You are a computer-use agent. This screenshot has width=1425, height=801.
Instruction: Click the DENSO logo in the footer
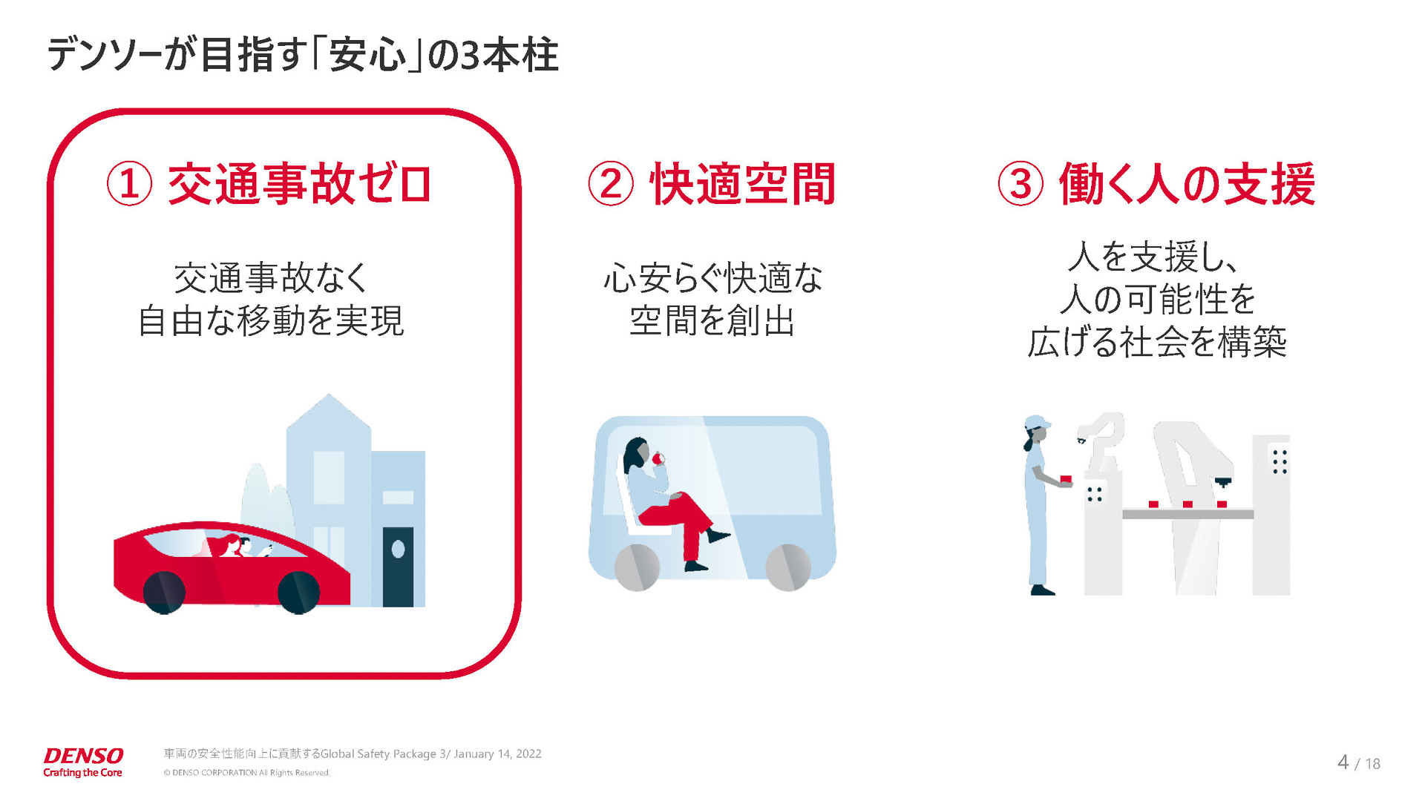tap(83, 756)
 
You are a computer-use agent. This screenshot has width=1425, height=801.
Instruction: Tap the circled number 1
tap(129, 184)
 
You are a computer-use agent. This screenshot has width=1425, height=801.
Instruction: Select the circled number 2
tap(610, 184)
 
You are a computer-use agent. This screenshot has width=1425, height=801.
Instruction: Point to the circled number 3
tap(1021, 184)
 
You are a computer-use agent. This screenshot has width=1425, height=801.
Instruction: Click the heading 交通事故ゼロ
tap(299, 184)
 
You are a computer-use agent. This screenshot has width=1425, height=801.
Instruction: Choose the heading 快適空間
tap(743, 184)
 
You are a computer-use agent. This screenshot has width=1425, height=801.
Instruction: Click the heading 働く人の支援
tap(1187, 184)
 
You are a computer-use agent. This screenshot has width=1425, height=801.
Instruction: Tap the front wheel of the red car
tap(298, 592)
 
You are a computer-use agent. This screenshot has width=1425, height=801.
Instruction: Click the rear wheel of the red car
tap(163, 592)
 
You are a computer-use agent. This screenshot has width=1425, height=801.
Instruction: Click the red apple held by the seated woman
tap(657, 459)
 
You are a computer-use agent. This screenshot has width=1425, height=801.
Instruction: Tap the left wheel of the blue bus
tap(637, 567)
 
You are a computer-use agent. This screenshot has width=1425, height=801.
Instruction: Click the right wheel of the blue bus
tap(787, 567)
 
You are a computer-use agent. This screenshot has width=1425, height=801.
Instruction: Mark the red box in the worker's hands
tap(1066, 480)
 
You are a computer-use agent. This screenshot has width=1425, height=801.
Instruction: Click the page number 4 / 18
tap(1358, 762)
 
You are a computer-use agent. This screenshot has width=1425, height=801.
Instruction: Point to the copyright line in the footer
tap(246, 773)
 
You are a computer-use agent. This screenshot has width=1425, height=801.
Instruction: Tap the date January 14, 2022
tap(497, 754)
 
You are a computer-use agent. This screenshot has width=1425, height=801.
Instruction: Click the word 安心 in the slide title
tap(368, 55)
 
